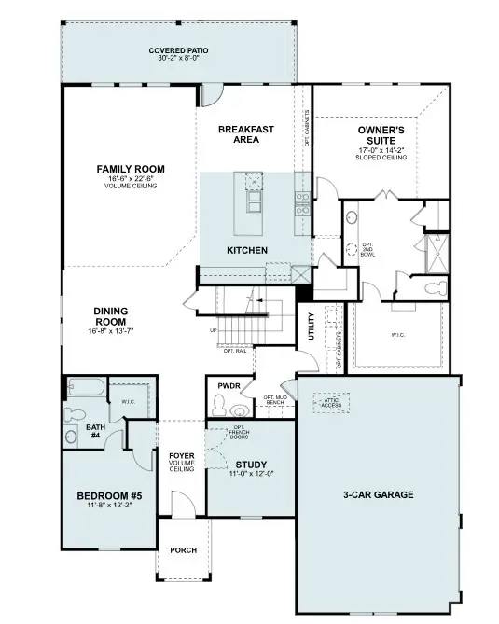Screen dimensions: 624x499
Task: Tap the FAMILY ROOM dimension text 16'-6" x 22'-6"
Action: point(131,178)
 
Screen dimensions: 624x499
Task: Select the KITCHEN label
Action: point(248,250)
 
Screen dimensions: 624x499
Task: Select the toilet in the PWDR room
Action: point(221,405)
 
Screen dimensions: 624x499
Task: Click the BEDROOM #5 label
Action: point(108,495)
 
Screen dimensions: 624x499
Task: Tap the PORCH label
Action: point(183,550)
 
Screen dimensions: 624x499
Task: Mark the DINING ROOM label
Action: point(110,317)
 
